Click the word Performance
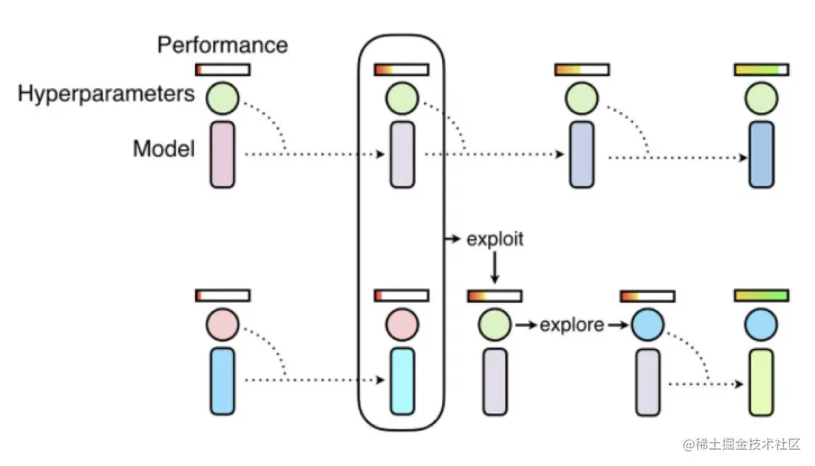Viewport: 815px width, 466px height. pyautogui.click(x=222, y=46)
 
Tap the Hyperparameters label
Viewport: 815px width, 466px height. pyautogui.click(x=106, y=94)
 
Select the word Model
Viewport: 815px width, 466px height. pyautogui.click(x=163, y=149)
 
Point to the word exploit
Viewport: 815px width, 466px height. pyautogui.click(x=495, y=240)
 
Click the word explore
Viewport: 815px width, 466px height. pyautogui.click(x=572, y=324)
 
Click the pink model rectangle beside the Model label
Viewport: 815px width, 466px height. pyautogui.click(x=222, y=154)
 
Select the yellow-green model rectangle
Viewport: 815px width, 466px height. pyautogui.click(x=761, y=381)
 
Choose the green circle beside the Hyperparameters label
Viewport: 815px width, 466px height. pyautogui.click(x=222, y=98)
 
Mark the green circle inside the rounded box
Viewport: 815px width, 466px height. pyautogui.click(x=402, y=98)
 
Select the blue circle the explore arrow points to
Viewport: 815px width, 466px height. pyautogui.click(x=647, y=324)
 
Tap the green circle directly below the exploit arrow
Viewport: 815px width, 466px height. pyautogui.click(x=494, y=324)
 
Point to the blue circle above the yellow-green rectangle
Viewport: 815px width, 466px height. pyautogui.click(x=761, y=324)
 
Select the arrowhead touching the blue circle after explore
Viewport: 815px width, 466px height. pyautogui.click(x=624, y=324)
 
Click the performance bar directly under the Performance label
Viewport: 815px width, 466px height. pyautogui.click(x=222, y=70)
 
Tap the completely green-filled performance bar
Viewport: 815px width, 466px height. pyautogui.click(x=761, y=295)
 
